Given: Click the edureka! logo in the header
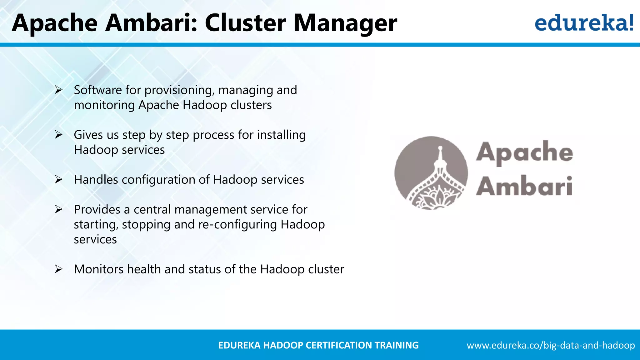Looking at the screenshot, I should click(584, 22).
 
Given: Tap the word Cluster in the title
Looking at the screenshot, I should click(245, 23).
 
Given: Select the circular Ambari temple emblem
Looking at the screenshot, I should click(431, 173).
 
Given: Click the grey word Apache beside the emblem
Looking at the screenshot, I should click(524, 152).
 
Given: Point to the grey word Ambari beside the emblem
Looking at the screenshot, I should click(524, 187).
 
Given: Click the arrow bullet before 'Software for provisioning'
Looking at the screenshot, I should click(58, 90).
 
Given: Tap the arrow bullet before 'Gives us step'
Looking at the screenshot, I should click(58, 135).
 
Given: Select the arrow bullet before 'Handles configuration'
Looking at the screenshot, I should click(58, 180).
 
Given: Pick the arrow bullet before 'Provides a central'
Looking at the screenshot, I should click(58, 209).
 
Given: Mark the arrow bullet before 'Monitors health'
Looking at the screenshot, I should click(58, 269).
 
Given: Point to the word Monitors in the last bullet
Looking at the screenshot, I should click(98, 269).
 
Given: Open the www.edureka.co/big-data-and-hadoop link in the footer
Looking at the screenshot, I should click(551, 345).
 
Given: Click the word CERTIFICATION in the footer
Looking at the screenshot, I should click(338, 345).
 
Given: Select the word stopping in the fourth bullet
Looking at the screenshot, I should click(146, 225).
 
